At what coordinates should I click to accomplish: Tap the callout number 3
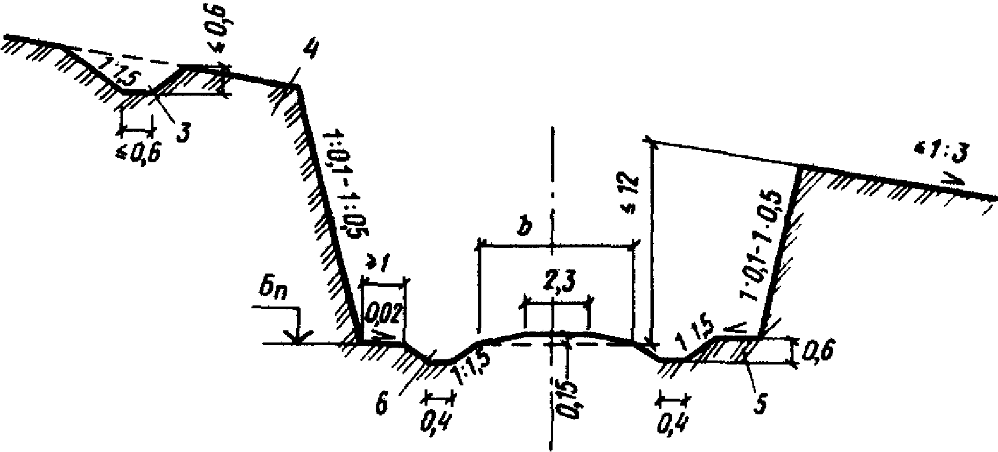(183, 131)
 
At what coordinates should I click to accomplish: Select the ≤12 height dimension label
(633, 186)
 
